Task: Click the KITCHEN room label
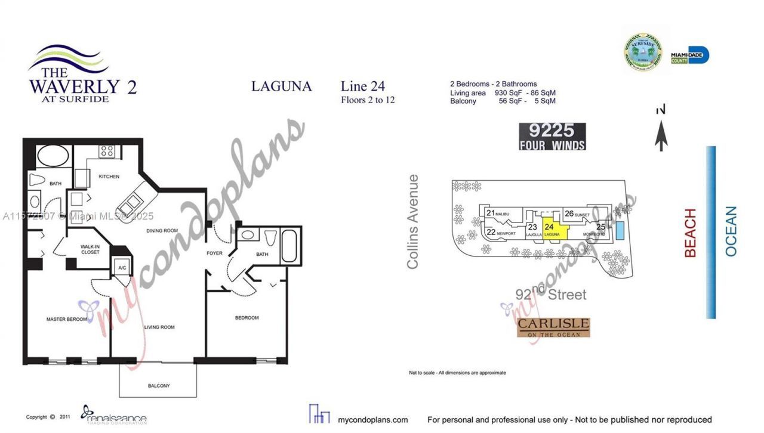click(x=109, y=177)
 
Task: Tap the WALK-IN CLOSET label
click(x=91, y=249)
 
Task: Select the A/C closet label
click(x=122, y=268)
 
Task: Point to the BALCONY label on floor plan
click(x=159, y=386)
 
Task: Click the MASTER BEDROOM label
click(x=67, y=319)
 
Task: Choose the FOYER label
click(x=214, y=253)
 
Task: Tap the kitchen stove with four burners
click(x=107, y=151)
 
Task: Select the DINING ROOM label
click(x=162, y=230)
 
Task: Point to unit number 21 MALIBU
click(x=497, y=213)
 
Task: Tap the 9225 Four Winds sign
click(x=552, y=137)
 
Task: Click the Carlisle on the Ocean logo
click(x=553, y=327)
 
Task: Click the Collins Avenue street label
click(x=413, y=221)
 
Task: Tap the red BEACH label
click(x=691, y=233)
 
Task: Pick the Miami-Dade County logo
click(x=690, y=55)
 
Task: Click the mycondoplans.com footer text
click(x=372, y=420)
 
